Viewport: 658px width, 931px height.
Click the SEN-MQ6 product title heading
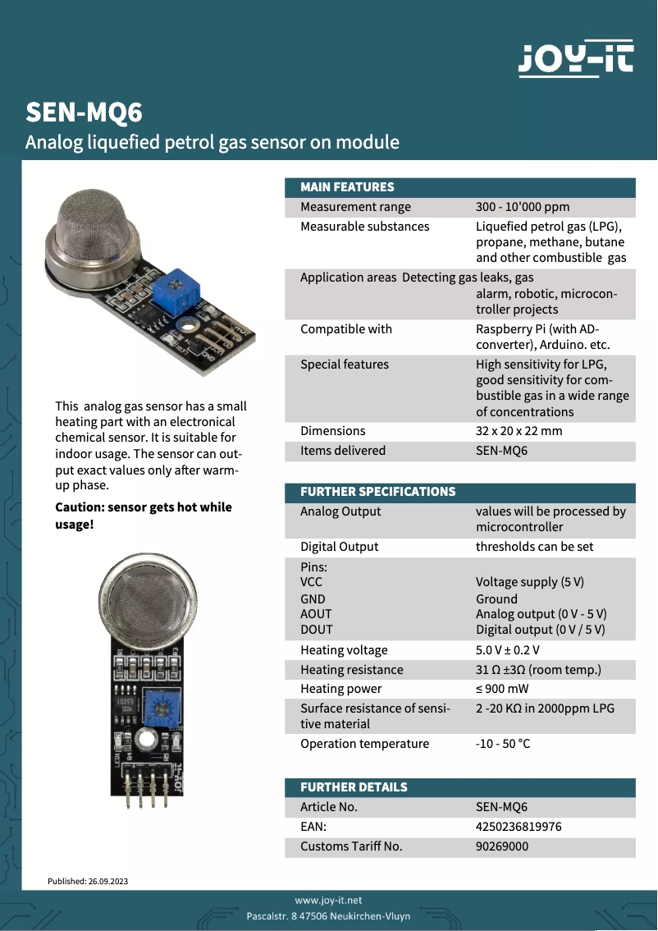coord(84,112)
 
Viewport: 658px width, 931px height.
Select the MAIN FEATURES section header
coord(347,187)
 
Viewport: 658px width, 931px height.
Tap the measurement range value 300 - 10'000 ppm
coord(523,207)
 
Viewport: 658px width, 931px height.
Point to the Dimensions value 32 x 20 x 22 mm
coord(519,431)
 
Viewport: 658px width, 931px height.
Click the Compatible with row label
coord(346,329)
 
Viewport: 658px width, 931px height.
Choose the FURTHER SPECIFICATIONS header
coord(377,492)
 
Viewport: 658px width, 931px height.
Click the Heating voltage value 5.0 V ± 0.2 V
coord(508,650)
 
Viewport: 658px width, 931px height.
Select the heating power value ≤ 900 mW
coord(502,689)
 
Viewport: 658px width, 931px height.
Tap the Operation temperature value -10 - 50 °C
coord(503,744)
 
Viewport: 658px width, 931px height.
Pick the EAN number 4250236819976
coord(519,827)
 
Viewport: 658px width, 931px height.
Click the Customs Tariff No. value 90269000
coord(502,846)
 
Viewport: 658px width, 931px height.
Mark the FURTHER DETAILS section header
coord(354,787)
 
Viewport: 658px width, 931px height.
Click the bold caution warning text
coord(144,516)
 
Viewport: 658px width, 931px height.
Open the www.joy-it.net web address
coord(328,901)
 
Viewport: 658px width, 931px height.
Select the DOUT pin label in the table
coord(317,630)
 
